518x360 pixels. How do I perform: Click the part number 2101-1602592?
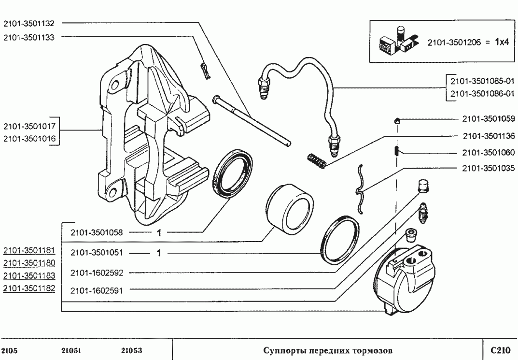coord(97,273)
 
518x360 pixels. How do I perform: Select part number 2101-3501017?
coord(29,127)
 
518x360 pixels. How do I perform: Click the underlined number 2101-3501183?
coord(29,275)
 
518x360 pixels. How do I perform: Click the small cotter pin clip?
coord(206,70)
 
